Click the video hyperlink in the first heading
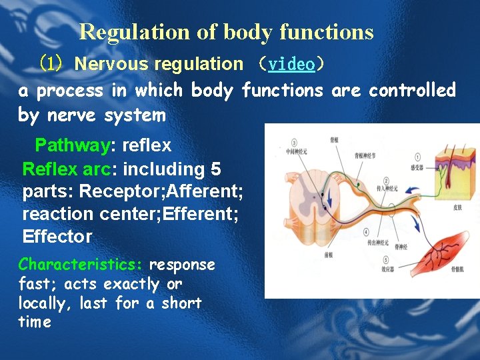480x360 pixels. tap(291, 65)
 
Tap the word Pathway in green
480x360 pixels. tap(71, 145)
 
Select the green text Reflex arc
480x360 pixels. tap(61, 169)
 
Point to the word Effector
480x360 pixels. tap(57, 237)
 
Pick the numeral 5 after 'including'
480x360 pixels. tap(215, 169)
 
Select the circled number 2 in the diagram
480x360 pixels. tap(387, 181)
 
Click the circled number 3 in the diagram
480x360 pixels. tap(294, 141)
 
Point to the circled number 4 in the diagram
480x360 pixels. tap(367, 233)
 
